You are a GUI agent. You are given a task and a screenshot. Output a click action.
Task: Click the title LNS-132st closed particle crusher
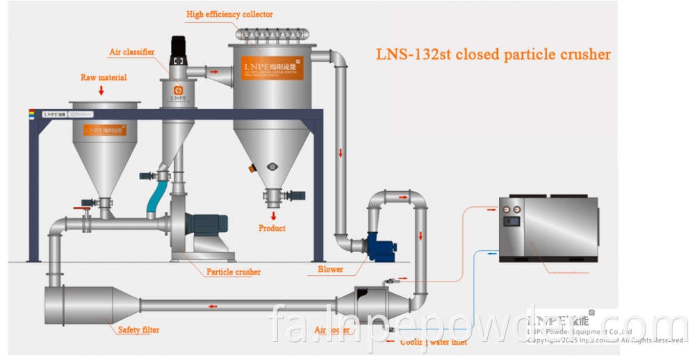[493, 54]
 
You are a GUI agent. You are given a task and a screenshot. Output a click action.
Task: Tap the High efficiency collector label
[229, 14]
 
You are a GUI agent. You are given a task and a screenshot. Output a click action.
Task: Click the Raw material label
[104, 77]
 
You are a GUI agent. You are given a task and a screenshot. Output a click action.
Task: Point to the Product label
[272, 228]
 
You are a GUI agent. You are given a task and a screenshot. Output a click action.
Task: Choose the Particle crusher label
[234, 272]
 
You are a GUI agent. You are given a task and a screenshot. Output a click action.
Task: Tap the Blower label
[330, 269]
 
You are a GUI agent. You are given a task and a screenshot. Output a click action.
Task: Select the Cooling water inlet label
[432, 341]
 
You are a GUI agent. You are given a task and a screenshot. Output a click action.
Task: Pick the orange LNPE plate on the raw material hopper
[104, 130]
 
